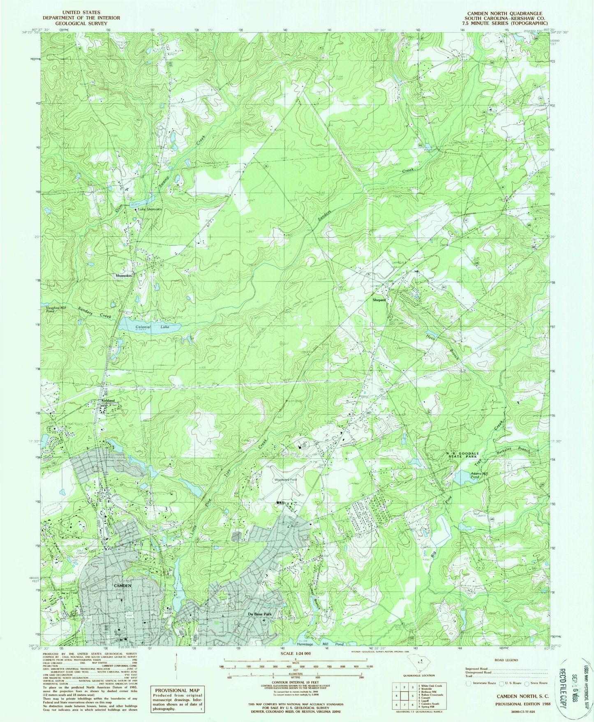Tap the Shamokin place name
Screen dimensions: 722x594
pyautogui.click(x=123, y=276)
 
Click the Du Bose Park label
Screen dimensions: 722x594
pyautogui.click(x=259, y=614)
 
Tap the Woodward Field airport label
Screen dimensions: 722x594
pyautogui.click(x=286, y=480)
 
